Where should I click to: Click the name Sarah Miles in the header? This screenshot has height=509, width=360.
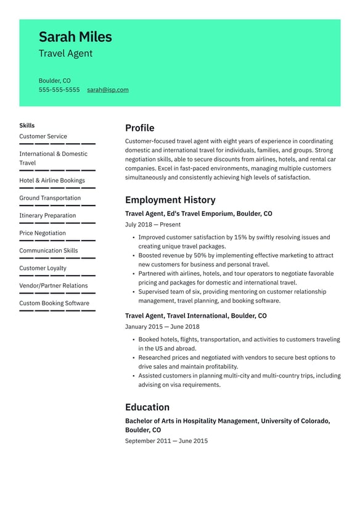(75, 37)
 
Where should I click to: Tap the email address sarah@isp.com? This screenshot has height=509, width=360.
(108, 90)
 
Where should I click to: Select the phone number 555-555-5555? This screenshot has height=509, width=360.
(59, 90)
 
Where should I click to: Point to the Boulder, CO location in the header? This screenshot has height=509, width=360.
(54, 81)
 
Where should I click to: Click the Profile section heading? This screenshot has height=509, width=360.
(139, 128)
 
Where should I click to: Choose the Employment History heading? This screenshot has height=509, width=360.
(170, 200)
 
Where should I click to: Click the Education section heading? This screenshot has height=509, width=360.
(147, 407)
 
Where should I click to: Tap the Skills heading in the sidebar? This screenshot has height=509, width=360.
(27, 125)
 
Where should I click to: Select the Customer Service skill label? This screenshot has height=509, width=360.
(43, 136)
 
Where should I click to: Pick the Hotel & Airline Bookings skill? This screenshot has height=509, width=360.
(52, 181)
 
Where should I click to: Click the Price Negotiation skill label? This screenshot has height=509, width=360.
(43, 233)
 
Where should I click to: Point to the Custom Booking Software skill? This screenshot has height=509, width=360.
(54, 303)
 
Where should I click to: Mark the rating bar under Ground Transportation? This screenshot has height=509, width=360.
(57, 205)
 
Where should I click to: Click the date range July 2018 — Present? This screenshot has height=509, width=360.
(153, 225)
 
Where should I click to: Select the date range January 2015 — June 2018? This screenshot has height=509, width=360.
(162, 327)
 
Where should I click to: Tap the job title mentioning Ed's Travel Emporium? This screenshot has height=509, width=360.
(198, 213)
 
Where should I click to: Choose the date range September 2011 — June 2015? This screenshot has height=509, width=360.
(166, 441)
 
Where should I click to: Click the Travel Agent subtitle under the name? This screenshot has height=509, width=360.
(65, 54)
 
